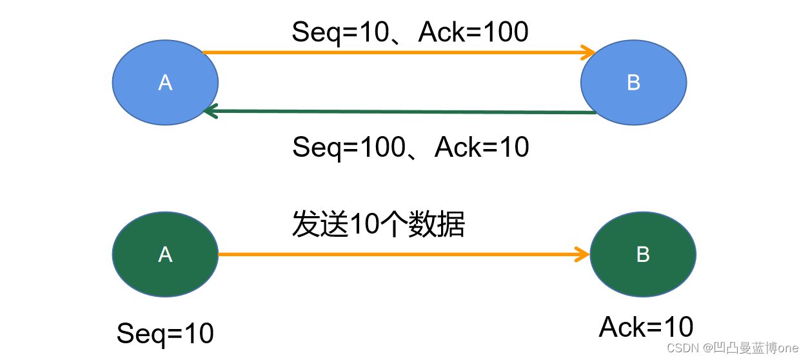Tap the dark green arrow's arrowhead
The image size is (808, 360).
(209, 111)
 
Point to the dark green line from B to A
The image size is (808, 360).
(400, 112)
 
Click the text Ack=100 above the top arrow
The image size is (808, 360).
(473, 32)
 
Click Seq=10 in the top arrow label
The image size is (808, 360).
(330, 32)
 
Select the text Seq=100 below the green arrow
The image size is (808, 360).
(338, 147)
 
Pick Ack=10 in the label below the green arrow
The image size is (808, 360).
(482, 147)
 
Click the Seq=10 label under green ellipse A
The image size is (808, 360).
(165, 334)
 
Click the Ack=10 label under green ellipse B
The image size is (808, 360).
(646, 327)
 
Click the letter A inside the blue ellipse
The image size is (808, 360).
(165, 82)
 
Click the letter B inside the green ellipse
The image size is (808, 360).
(643, 255)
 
